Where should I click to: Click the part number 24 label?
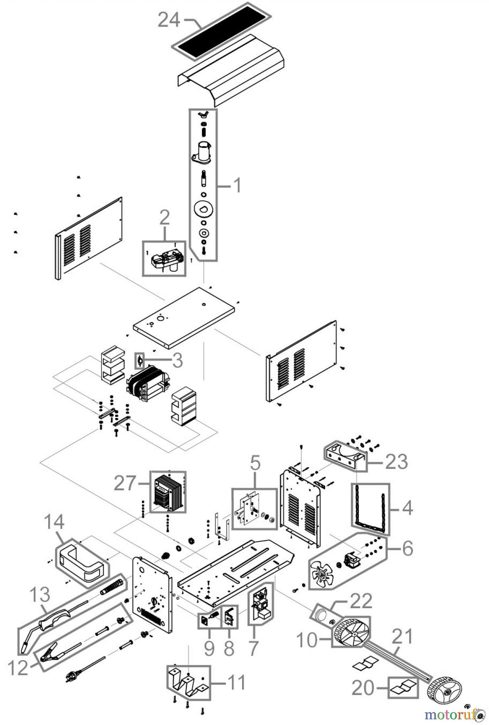(169, 19)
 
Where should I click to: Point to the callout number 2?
(164, 218)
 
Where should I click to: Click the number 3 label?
(177, 360)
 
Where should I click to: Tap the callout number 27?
(125, 483)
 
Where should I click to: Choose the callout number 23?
(397, 462)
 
